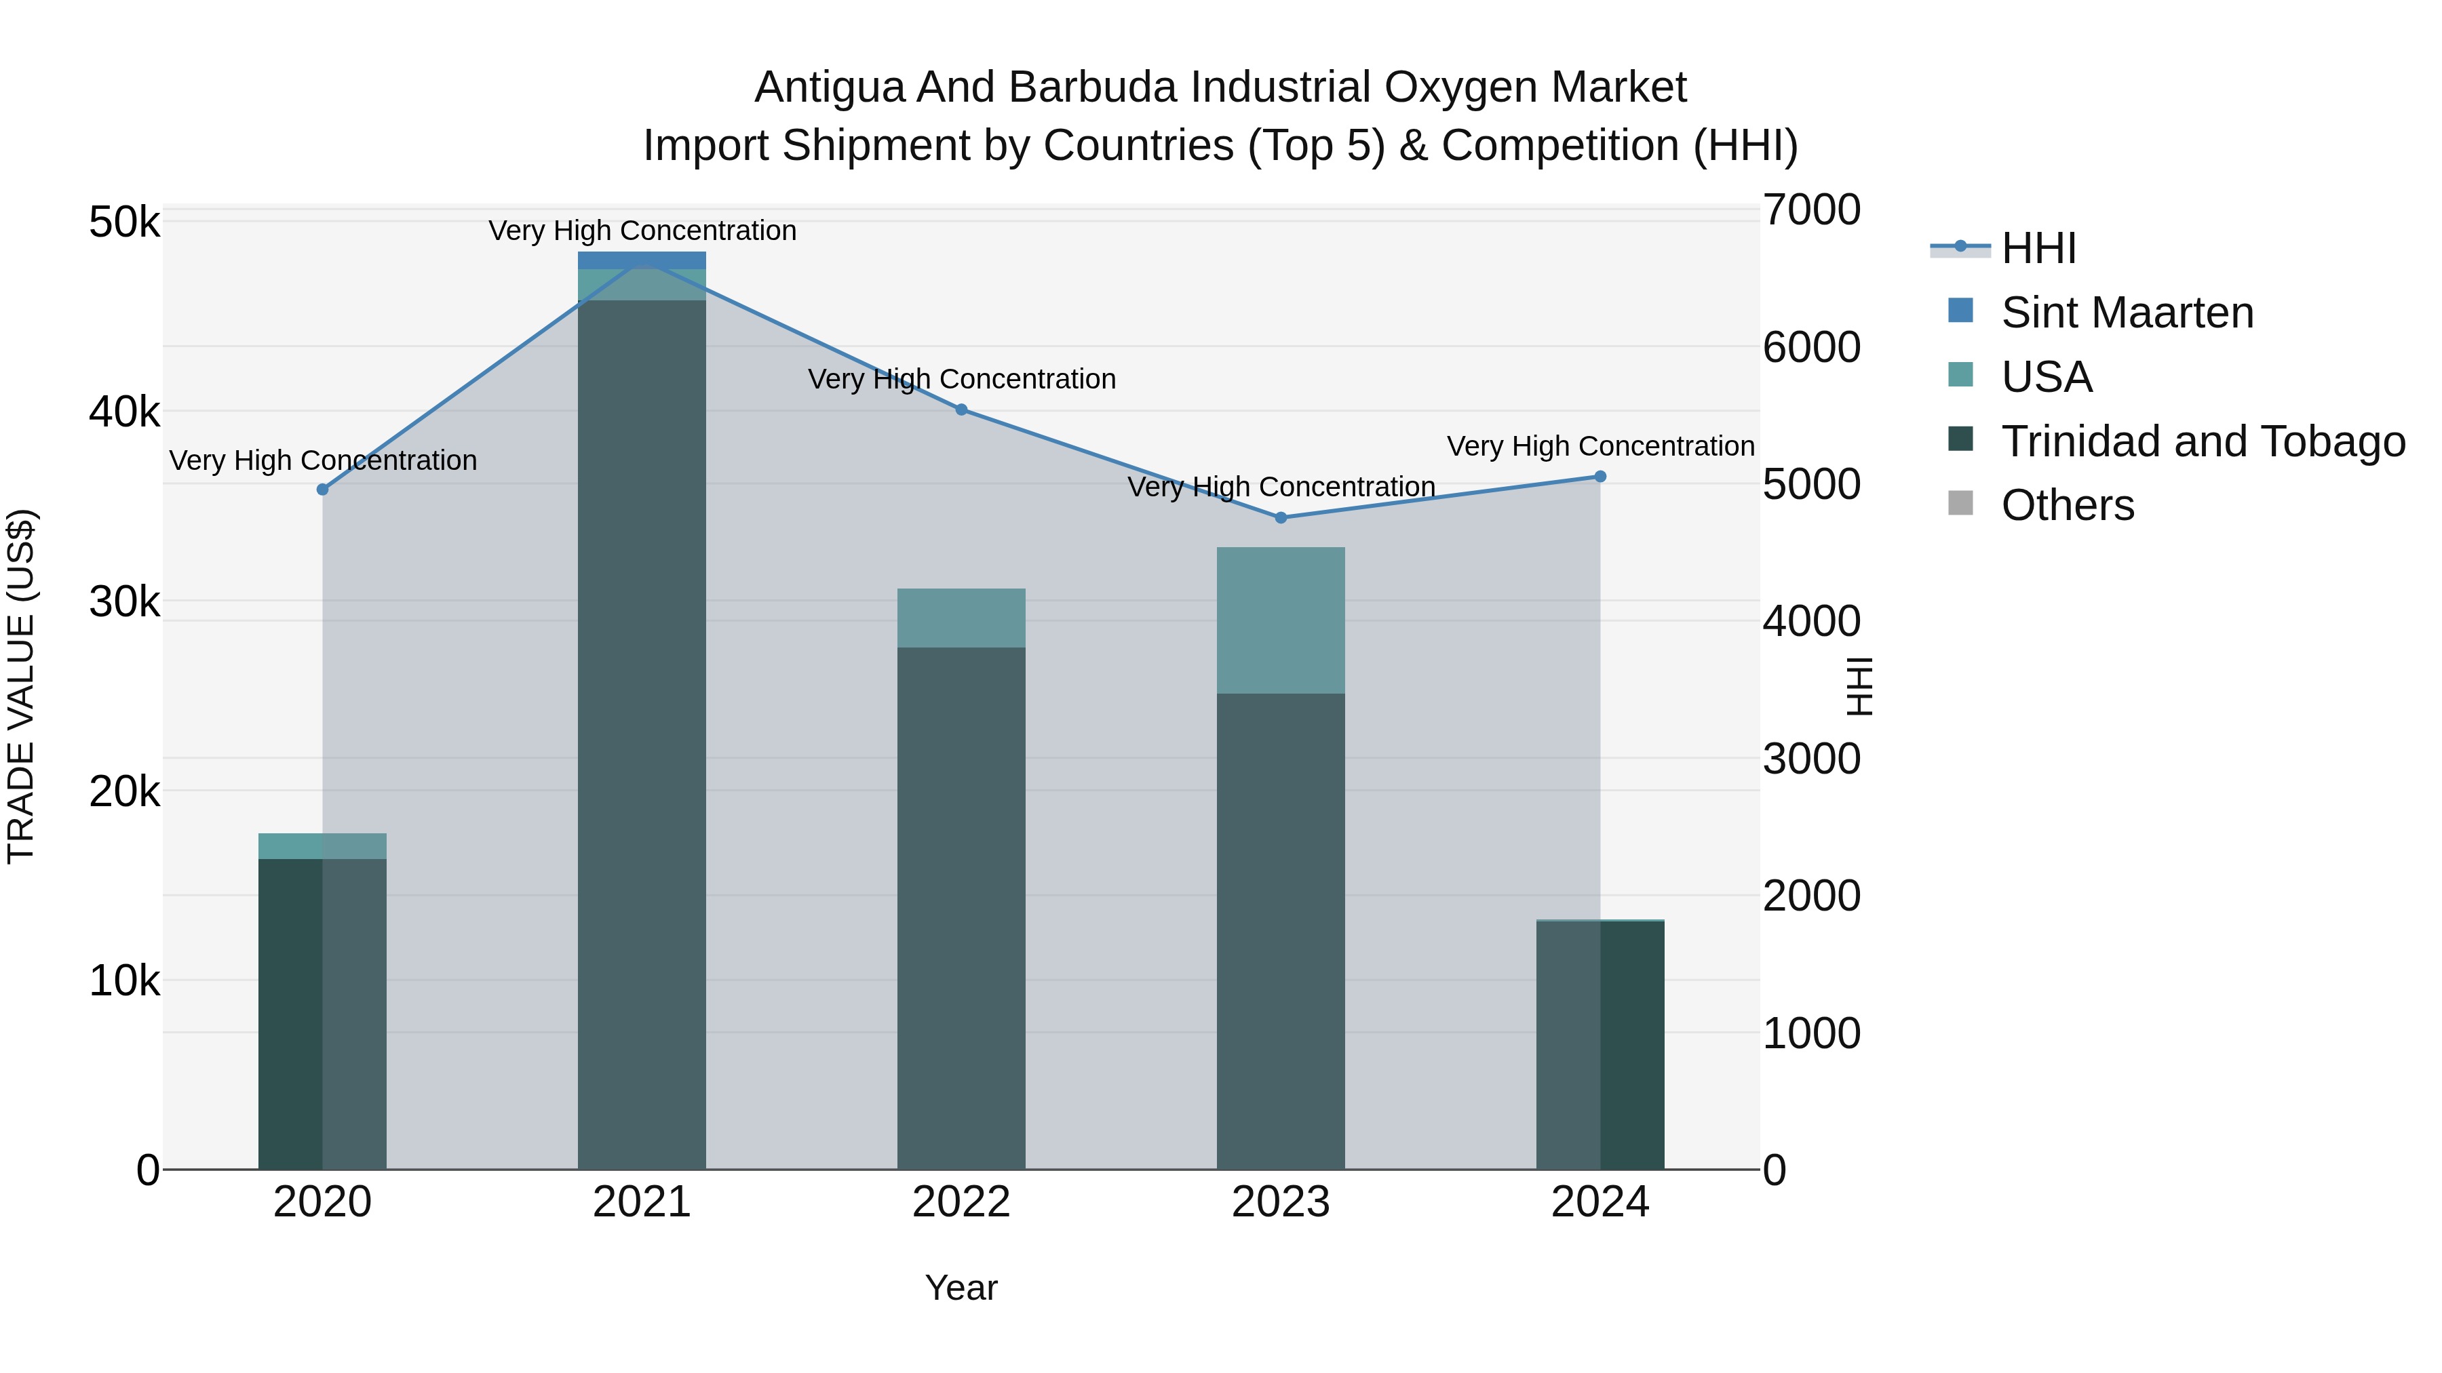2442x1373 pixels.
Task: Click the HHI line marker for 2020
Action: (x=322, y=489)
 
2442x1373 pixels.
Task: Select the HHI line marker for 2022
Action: (x=961, y=410)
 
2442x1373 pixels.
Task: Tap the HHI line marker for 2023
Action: (x=1281, y=517)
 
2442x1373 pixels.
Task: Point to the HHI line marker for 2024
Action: (x=1600, y=477)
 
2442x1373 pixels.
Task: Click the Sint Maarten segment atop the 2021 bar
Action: (x=642, y=260)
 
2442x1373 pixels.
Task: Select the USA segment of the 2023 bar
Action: (x=1281, y=620)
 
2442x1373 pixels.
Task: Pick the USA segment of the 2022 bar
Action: (x=961, y=618)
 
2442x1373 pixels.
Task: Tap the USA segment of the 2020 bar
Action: (x=322, y=846)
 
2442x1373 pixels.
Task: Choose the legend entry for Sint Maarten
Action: (x=2127, y=313)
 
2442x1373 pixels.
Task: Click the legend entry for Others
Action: (x=2067, y=505)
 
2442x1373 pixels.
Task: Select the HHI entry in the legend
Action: (x=2038, y=248)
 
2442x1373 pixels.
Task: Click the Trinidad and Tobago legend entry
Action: (x=2202, y=441)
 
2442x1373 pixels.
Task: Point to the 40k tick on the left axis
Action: (x=124, y=412)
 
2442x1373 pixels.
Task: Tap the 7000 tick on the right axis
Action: (x=1810, y=210)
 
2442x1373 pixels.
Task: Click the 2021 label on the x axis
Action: (x=642, y=1202)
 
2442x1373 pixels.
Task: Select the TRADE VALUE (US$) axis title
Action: (x=21, y=686)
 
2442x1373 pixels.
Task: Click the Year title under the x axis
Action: (x=961, y=1288)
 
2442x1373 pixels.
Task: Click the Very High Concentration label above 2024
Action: (x=1600, y=445)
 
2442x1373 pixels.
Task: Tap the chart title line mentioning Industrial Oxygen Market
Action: (x=1220, y=87)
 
